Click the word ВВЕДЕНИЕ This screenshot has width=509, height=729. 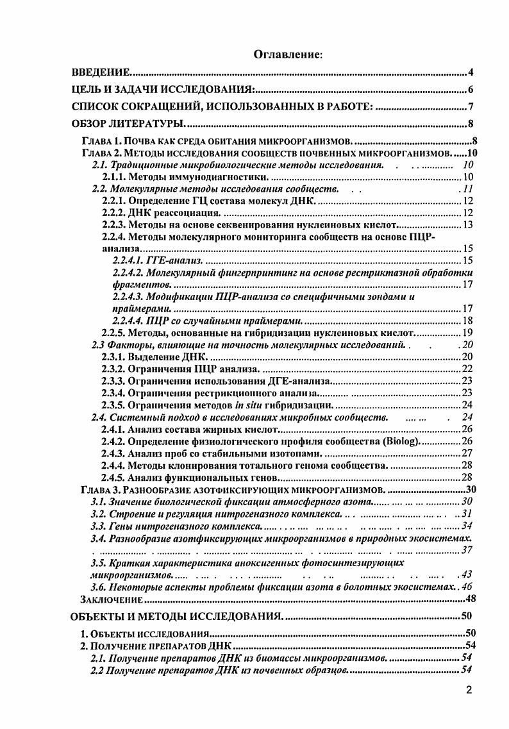point(101,72)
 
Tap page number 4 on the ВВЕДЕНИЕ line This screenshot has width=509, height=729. point(471,72)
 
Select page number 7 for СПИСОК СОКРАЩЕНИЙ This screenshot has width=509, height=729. point(471,107)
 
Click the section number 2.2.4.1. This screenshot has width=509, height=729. point(129,260)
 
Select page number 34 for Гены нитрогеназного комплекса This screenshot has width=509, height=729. point(467,526)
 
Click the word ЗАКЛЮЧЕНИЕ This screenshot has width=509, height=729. point(110,599)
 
